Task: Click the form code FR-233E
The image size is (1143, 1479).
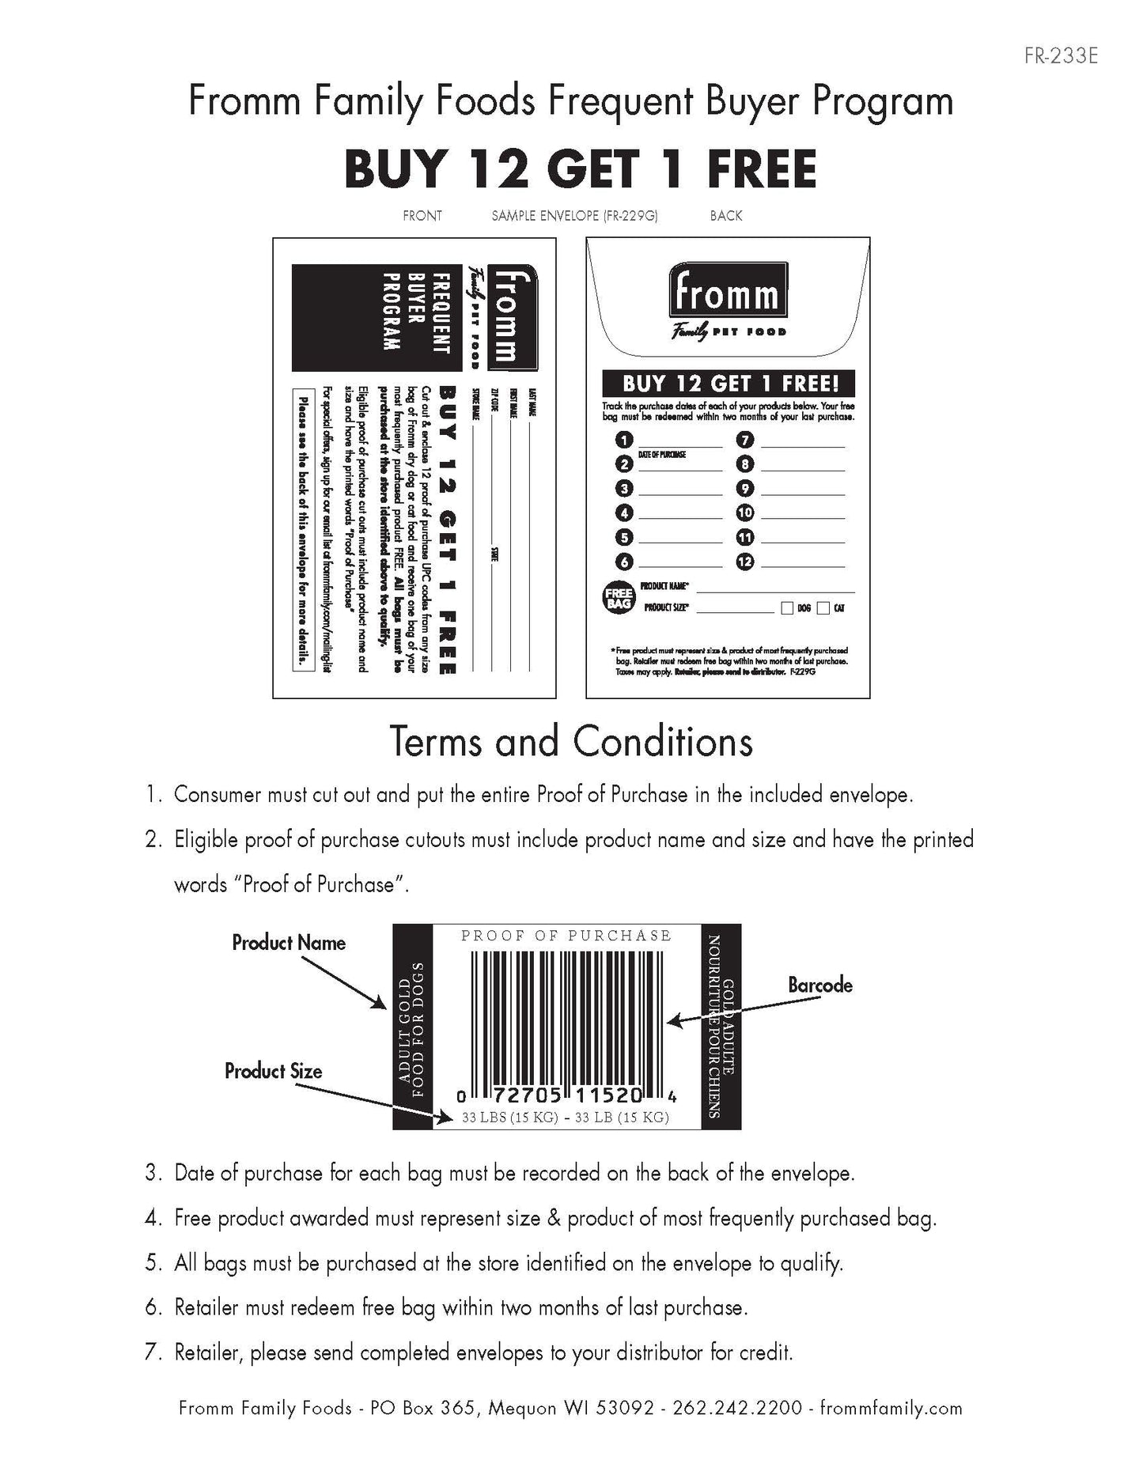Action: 1060,57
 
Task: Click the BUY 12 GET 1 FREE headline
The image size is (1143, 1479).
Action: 580,170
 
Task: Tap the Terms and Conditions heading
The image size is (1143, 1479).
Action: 571,742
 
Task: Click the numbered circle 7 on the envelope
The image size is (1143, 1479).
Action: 745,440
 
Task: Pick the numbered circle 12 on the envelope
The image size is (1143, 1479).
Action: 745,562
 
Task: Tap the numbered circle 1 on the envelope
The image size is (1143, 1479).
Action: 625,440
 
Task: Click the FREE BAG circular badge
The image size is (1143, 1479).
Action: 619,598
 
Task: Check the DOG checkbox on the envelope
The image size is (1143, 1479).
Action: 787,608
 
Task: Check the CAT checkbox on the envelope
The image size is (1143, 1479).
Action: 823,608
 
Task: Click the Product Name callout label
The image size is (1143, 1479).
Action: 289,943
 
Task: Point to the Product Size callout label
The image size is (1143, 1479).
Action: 274,1072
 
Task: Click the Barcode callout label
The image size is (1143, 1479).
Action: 820,985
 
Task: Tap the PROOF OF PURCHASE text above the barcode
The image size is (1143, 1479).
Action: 566,936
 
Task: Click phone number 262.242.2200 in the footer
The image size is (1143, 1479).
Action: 737,1409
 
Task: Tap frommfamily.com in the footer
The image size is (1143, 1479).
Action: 891,1409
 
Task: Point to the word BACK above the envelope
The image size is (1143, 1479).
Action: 726,215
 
